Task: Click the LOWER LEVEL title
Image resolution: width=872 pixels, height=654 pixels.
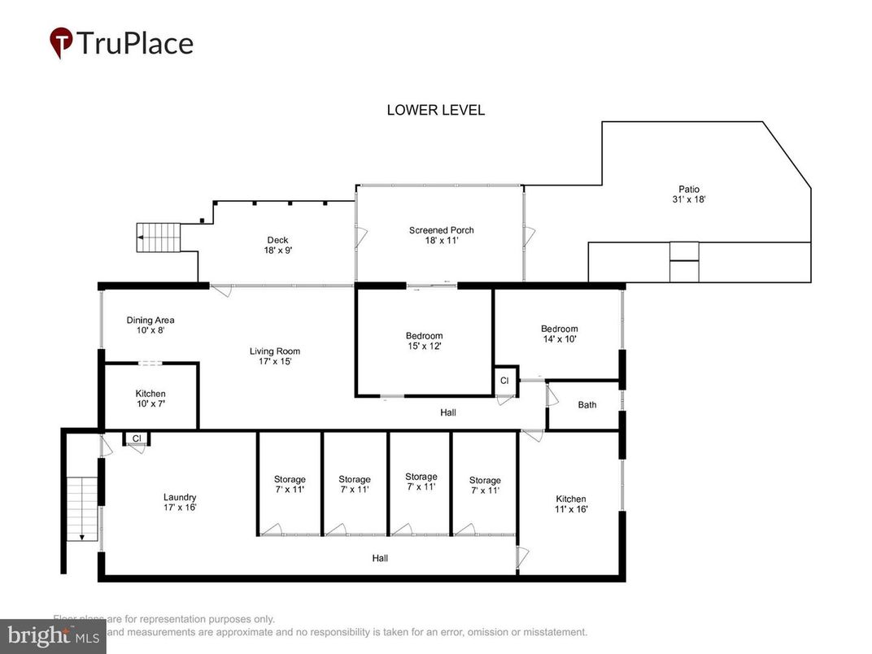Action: pyautogui.click(x=435, y=110)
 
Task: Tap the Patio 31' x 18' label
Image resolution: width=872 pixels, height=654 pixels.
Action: pyautogui.click(x=689, y=194)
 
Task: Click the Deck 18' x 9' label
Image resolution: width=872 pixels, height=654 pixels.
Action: pyautogui.click(x=278, y=245)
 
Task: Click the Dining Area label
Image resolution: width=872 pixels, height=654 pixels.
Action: pyautogui.click(x=150, y=325)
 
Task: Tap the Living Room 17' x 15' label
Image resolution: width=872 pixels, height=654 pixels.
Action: pyautogui.click(x=275, y=356)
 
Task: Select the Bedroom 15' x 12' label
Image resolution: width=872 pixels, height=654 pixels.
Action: pyautogui.click(x=424, y=341)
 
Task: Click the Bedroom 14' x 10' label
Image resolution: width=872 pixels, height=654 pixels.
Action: pyautogui.click(x=559, y=334)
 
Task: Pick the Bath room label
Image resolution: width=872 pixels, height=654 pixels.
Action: pyautogui.click(x=586, y=405)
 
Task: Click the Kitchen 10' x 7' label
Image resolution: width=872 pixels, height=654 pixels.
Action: pyautogui.click(x=150, y=399)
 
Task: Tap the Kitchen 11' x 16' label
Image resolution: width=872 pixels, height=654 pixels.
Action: pyautogui.click(x=570, y=504)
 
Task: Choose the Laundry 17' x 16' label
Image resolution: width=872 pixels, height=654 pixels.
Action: pyautogui.click(x=179, y=502)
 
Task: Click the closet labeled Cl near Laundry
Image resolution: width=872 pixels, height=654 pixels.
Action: pyautogui.click(x=137, y=439)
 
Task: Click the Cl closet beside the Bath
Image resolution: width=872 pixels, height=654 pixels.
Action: pyautogui.click(x=504, y=381)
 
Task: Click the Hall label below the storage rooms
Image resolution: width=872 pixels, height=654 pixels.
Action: pyautogui.click(x=380, y=558)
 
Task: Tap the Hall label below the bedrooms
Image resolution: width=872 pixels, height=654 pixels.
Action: pyautogui.click(x=447, y=412)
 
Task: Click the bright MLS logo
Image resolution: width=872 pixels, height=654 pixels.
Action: pyautogui.click(x=53, y=635)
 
